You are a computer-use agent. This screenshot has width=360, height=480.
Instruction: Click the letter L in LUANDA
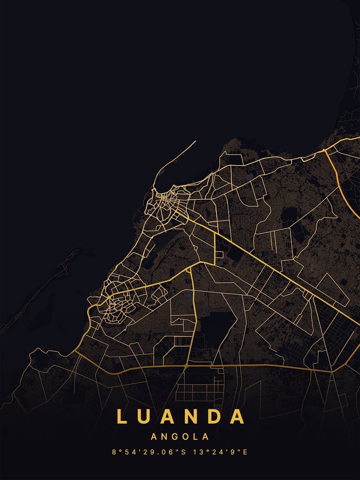pos(121,417)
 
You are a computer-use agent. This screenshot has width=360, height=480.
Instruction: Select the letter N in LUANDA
pos(193,417)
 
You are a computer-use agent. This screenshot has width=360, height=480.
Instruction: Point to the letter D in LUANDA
pos(214,417)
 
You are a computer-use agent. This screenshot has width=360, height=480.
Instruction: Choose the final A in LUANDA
pos(238,417)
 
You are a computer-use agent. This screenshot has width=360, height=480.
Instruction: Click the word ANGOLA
pos(180,437)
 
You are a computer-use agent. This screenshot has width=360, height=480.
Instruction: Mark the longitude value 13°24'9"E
pos(219,452)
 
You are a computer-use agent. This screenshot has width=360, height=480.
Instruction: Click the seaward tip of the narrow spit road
pos(195,141)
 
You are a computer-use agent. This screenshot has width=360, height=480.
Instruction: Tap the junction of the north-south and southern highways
pos(186,366)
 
